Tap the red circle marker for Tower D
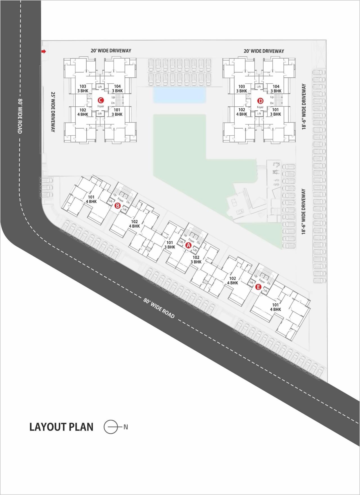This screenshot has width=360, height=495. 260,101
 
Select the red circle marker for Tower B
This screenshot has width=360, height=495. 118,206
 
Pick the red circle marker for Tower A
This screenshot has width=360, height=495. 188,245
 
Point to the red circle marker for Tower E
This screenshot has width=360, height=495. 258,287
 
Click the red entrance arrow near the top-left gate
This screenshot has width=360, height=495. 43,51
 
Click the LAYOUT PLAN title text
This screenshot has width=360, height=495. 61,427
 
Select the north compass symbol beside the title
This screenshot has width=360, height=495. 111,427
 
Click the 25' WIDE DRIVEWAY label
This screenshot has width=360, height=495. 53,111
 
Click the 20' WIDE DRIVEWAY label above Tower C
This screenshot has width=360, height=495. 111,51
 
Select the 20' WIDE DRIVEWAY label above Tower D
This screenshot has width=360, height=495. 264,51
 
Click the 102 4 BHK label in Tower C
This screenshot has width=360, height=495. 83,112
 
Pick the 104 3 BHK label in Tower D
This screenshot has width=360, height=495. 276,89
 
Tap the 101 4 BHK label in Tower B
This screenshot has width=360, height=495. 91,199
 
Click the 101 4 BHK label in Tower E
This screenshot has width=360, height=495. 275,307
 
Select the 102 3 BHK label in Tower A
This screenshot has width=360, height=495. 196,259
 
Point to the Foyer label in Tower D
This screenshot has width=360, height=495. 260,107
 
